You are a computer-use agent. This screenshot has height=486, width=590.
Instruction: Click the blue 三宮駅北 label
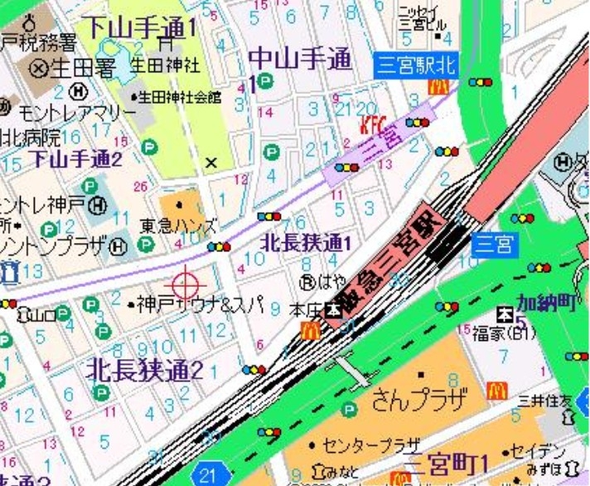pyautogui.click(x=416, y=65)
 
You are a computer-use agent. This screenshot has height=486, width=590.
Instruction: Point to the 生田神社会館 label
pyautogui.click(x=180, y=97)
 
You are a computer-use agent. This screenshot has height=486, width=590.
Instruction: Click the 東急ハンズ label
pyautogui.click(x=178, y=225)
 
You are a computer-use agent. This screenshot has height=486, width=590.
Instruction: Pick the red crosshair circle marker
pyautogui.click(x=185, y=284)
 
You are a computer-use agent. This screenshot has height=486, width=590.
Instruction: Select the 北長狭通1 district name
pyautogui.click(x=307, y=242)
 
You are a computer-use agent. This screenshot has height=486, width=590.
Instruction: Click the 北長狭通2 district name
pyautogui.click(x=145, y=370)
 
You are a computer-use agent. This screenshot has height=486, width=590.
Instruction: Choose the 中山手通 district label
pyautogui.click(x=300, y=59)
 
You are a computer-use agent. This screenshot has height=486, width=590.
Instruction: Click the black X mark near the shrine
pyautogui.click(x=211, y=163)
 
